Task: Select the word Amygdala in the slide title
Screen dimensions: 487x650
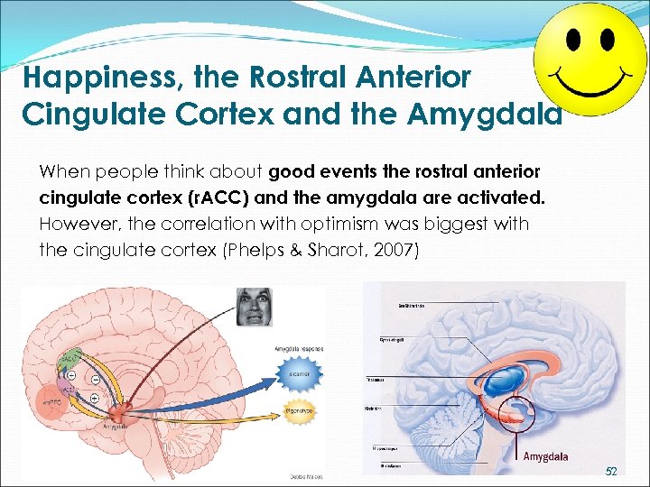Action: [x=487, y=115]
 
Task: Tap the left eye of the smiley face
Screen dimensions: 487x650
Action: [x=575, y=39]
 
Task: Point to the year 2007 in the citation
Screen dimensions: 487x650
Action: [x=396, y=250]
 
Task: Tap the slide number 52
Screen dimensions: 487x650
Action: [x=611, y=472]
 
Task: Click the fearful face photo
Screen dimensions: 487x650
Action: [x=254, y=308]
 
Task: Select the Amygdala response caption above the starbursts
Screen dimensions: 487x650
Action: [x=298, y=348]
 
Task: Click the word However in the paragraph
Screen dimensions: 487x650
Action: [x=72, y=224]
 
